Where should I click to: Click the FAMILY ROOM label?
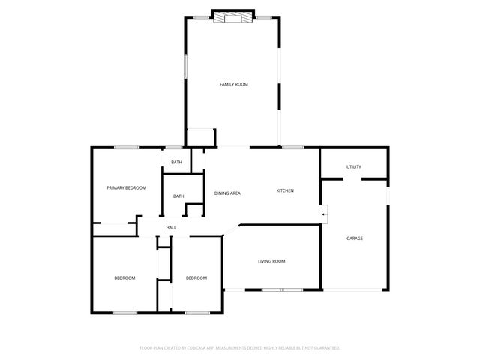point(233,84)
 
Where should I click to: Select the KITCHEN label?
point(285,191)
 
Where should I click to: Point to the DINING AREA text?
point(227,193)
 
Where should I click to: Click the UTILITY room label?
point(354,166)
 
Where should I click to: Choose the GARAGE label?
point(354,238)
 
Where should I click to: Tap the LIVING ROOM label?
point(271,261)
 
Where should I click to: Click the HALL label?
point(171,227)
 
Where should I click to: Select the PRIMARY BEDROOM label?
point(126,187)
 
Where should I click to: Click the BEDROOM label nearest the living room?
point(196,278)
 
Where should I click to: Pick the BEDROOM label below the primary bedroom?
point(124,278)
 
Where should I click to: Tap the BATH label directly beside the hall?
point(178,196)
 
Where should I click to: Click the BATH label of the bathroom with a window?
point(176,163)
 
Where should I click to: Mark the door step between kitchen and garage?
point(324,211)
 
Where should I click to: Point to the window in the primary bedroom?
point(126,147)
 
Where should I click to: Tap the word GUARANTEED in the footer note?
point(323,348)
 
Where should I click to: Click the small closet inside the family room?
point(201,138)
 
